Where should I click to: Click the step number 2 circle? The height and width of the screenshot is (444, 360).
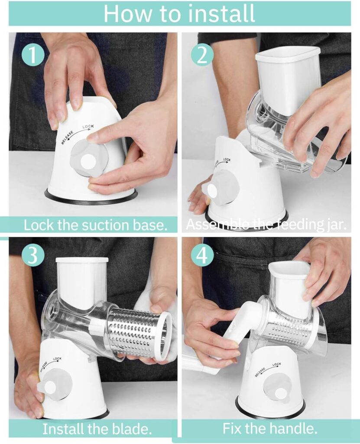pos(202,56)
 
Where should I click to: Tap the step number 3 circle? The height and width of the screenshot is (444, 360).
pos(33,255)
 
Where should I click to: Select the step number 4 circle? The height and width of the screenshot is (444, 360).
pos(201,255)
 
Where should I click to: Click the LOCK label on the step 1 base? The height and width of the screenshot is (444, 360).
pos(88,127)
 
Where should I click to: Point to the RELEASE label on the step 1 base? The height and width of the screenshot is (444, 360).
pos(68,137)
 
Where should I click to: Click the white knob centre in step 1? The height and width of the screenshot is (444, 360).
pos(88,162)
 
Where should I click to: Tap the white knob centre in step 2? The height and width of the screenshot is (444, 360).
pos(212,191)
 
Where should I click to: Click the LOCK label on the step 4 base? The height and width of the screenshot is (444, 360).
pos(277,364)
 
